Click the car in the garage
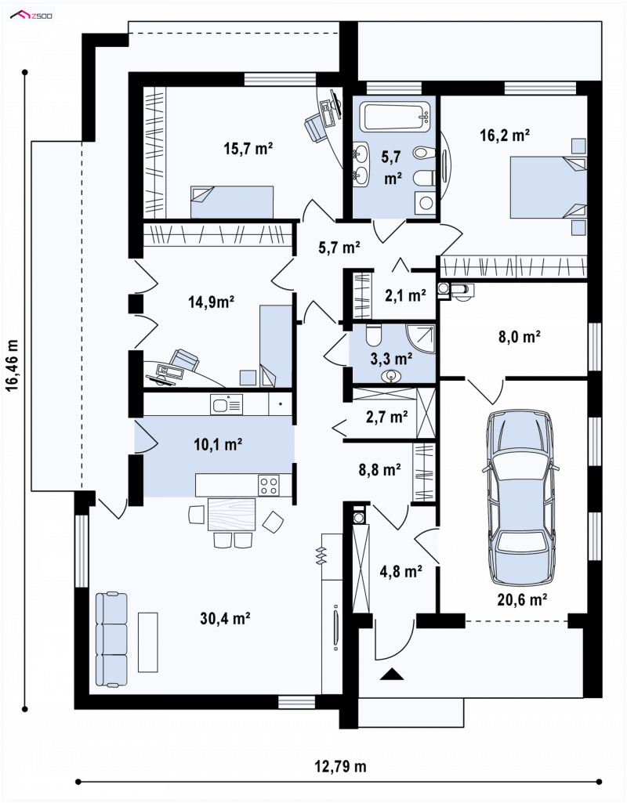point(520,497)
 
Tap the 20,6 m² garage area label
point(523,599)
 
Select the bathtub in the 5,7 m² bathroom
point(394,116)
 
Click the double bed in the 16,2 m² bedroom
point(548,187)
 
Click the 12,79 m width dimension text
point(341,766)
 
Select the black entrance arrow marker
point(392,674)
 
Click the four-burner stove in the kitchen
point(269,486)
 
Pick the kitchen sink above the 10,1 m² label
point(227,404)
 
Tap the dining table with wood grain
point(231,514)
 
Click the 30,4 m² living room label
point(225,618)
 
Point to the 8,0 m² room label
point(520,336)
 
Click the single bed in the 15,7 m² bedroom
point(231,202)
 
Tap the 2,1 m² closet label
point(405,295)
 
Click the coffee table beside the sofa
point(148,642)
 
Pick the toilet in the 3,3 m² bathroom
point(372,335)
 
